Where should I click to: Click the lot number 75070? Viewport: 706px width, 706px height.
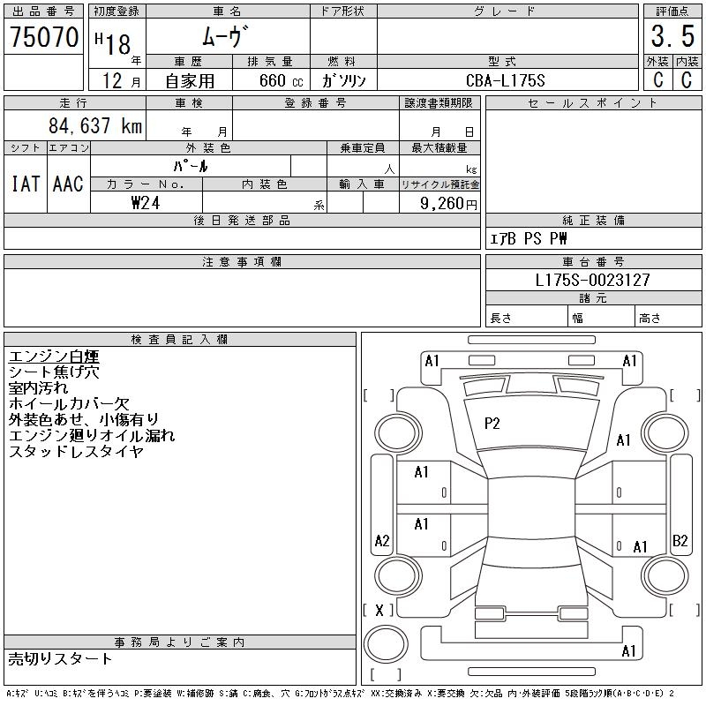click(44, 38)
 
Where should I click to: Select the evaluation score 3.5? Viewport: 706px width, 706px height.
click(672, 39)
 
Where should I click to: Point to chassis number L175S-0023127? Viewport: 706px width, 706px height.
click(593, 280)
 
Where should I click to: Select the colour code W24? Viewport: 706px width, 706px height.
click(146, 202)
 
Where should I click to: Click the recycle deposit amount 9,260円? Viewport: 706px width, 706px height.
click(450, 203)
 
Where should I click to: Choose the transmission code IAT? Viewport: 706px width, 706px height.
click(25, 184)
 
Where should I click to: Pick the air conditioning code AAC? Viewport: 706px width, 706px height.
click(68, 184)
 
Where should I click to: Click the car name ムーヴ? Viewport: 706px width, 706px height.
click(228, 38)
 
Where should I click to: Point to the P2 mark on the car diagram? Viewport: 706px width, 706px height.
click(492, 424)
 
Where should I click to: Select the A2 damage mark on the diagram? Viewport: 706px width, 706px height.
click(382, 541)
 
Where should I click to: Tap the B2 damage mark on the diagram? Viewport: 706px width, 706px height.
click(680, 541)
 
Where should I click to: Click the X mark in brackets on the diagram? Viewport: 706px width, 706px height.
click(379, 610)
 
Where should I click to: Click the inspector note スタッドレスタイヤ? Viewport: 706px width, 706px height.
click(75, 452)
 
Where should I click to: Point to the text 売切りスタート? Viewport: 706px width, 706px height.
click(61, 658)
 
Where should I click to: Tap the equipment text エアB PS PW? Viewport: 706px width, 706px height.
click(529, 238)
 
